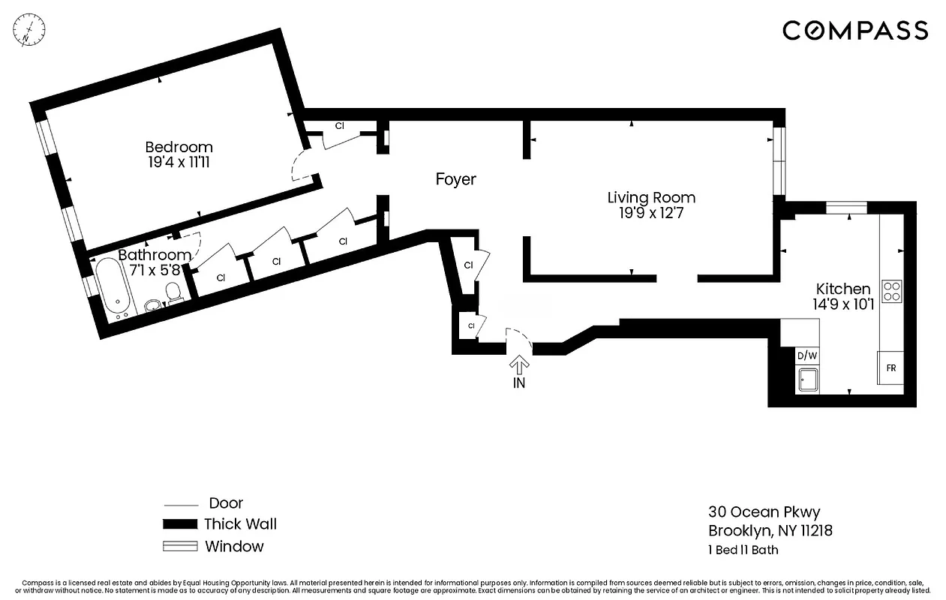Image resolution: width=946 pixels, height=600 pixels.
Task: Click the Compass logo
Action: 855,31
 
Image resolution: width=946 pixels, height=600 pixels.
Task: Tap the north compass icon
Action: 29,29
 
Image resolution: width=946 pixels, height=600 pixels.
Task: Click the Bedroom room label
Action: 179,147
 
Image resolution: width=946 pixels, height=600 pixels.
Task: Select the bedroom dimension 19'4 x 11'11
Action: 179,161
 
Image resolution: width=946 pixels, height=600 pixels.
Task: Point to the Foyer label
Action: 455,180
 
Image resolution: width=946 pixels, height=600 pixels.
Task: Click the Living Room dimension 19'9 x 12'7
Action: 651,213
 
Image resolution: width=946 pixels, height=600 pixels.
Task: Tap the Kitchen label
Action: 843,289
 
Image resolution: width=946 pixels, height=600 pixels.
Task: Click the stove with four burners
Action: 891,290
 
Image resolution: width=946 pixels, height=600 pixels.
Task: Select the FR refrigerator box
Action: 891,368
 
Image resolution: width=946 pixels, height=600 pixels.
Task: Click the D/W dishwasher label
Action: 806,355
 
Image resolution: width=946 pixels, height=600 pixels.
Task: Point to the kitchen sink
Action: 807,380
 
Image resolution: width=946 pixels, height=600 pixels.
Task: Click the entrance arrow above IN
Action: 518,364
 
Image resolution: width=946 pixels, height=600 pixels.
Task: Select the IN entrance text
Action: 518,383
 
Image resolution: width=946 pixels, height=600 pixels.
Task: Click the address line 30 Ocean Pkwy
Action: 764,512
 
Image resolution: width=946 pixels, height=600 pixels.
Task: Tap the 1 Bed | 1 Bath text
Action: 743,550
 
